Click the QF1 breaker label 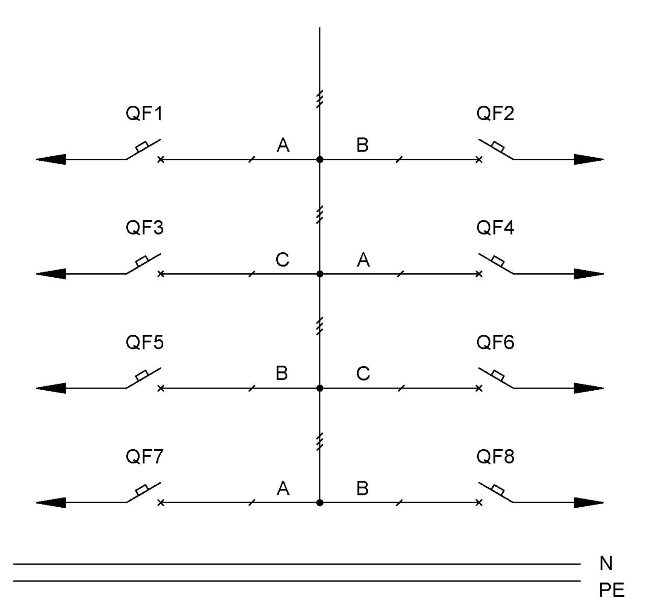tap(144, 113)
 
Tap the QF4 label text tap(495, 227)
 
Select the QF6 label tap(495, 342)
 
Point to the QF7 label tap(144, 456)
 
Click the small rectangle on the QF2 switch tap(498, 147)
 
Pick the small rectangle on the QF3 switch tap(142, 261)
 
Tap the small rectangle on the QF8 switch tap(498, 490)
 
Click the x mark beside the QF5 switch tap(161, 388)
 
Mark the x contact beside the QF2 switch tap(479, 160)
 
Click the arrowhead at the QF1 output tap(51, 159)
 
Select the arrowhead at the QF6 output tap(588, 388)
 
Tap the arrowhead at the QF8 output tap(588, 503)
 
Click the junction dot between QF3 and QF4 tap(319, 274)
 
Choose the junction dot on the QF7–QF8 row tap(319, 503)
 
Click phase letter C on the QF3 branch tap(282, 259)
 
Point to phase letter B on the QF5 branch tap(282, 373)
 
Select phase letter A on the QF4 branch tap(363, 260)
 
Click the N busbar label tap(606, 564)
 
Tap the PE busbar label tap(612, 590)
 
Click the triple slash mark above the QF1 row tap(319, 99)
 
